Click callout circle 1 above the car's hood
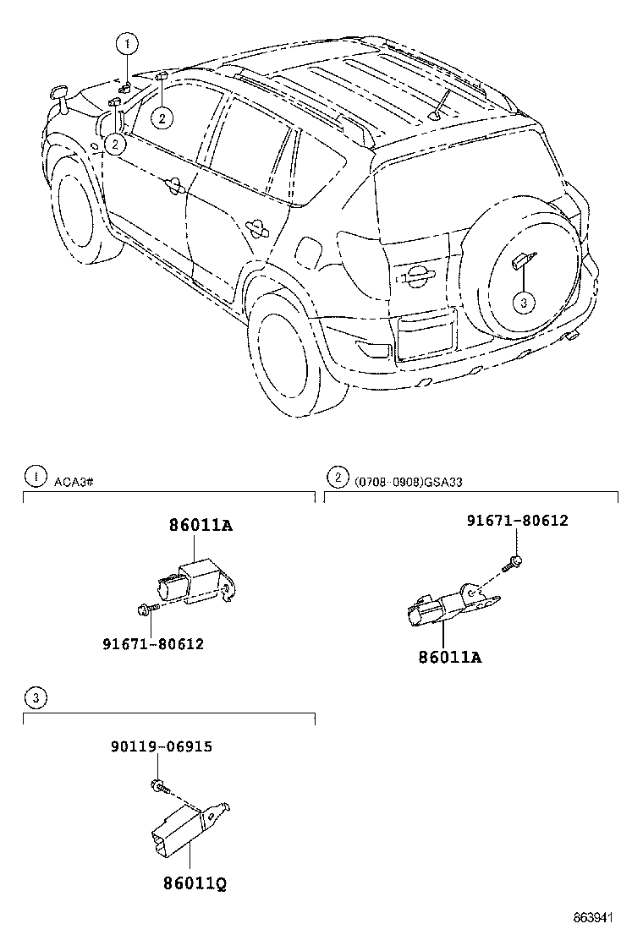125,41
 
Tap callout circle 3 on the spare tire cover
524,302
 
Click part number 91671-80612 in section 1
153,643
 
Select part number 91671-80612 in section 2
517,521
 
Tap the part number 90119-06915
161,746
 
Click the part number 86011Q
195,883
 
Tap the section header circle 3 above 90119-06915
35,697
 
